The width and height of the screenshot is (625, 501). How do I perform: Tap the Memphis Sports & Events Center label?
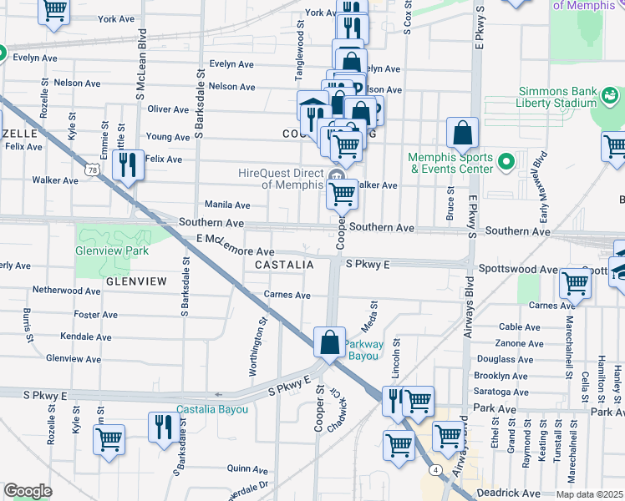point(450,164)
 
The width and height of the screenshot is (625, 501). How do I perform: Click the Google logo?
point(27,490)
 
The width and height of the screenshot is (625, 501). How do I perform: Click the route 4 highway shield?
point(436,470)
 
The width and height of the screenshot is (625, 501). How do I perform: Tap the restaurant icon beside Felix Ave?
point(128,164)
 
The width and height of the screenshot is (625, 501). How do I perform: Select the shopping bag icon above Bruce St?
point(462,133)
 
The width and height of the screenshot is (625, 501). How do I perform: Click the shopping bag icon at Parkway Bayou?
point(330,342)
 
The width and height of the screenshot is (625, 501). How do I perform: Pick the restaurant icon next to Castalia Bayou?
point(162,427)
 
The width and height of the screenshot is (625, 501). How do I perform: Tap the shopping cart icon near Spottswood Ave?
point(575,284)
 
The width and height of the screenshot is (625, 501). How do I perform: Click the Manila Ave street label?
point(227,205)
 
